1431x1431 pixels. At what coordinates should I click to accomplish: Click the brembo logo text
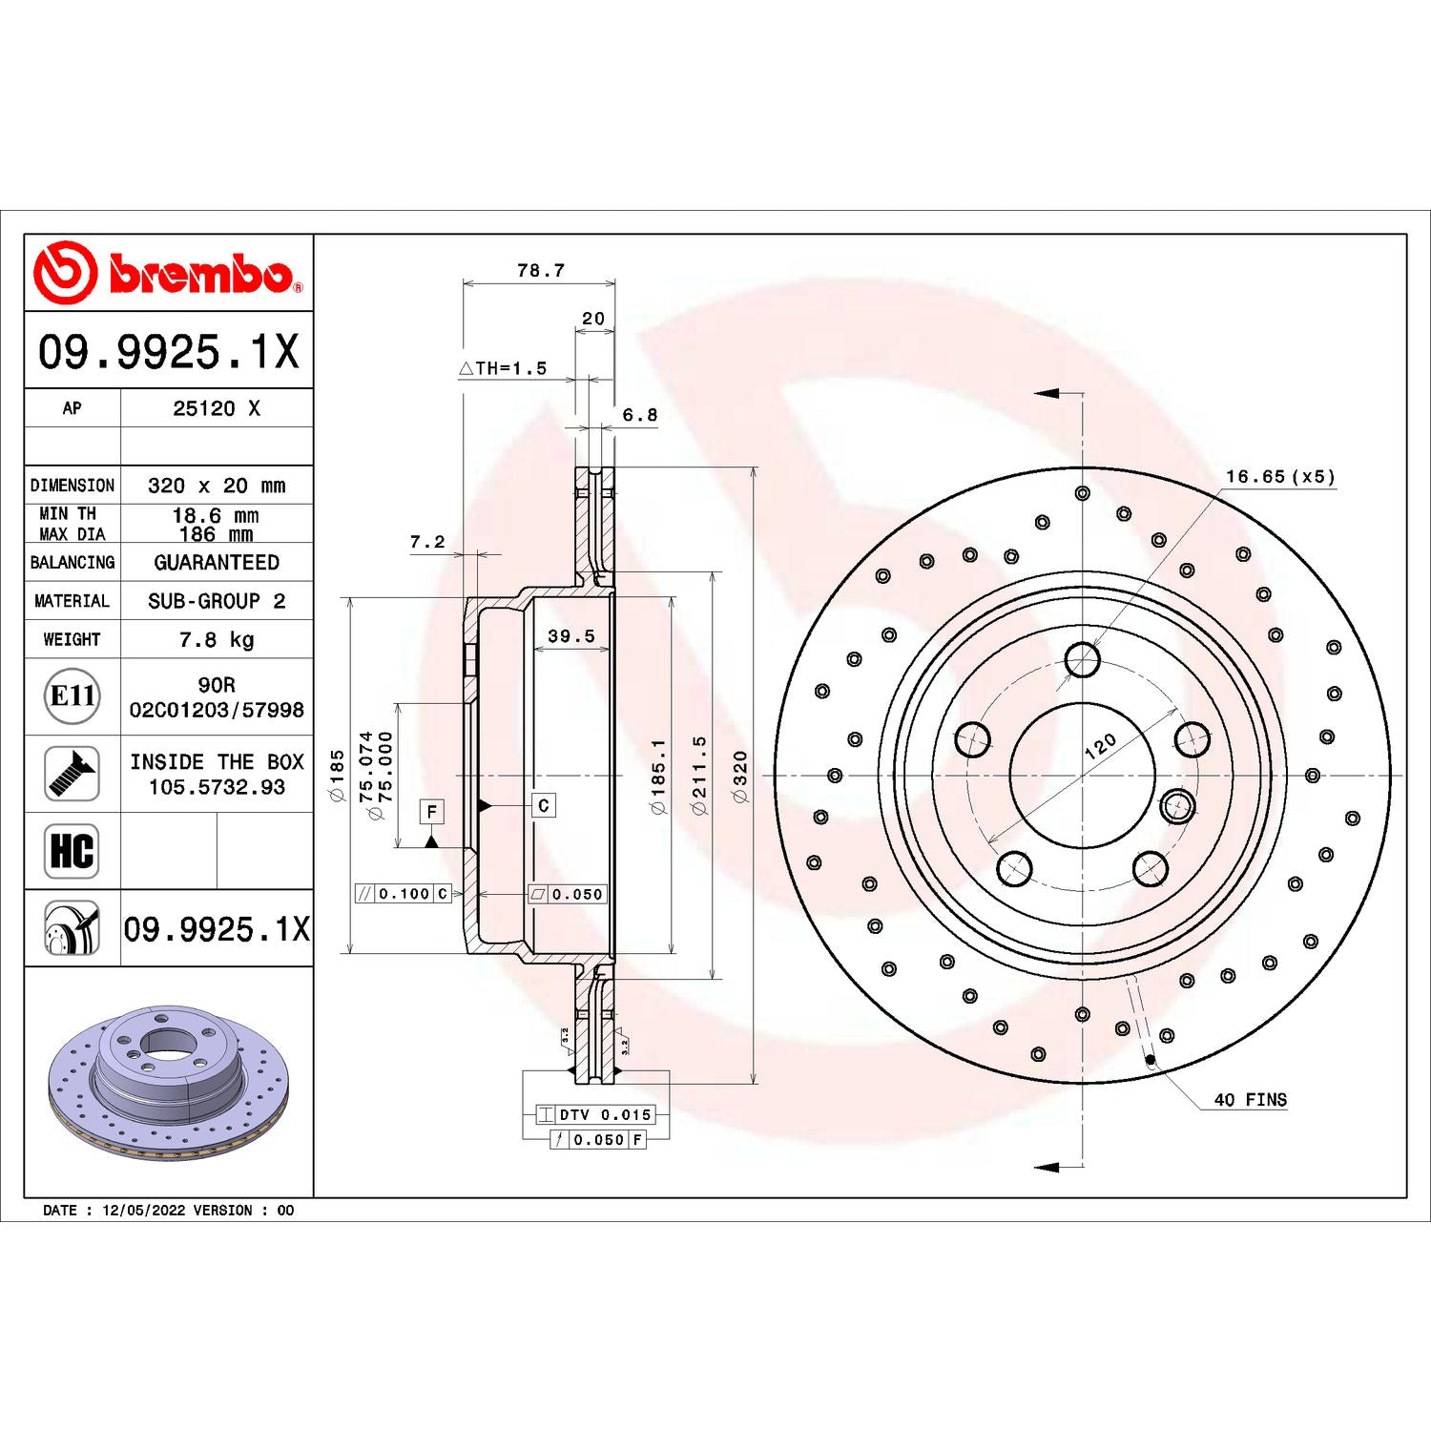coord(200,274)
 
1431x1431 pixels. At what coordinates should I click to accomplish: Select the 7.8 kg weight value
coord(217,639)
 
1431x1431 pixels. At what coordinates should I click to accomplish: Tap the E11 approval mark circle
coord(73,696)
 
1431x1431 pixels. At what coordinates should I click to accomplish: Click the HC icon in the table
coord(73,850)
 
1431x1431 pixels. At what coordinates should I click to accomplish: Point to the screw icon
coord(73,774)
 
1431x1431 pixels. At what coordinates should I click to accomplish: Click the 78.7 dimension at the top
coord(540,270)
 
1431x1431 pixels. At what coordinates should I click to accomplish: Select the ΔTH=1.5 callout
coord(503,368)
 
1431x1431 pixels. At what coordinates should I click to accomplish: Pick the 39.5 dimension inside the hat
coord(570,635)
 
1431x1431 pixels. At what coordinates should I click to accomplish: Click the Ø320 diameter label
coord(740,776)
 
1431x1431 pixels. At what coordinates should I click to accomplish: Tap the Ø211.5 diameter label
coord(699,775)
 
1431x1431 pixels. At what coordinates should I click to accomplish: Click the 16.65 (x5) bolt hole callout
coord(1280,476)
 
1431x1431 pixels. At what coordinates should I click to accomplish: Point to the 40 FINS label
coord(1250,1100)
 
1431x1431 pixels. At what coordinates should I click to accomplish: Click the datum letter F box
coord(432,811)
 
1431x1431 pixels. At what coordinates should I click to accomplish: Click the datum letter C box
coord(543,805)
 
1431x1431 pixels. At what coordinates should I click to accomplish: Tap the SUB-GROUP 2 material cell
coord(217,601)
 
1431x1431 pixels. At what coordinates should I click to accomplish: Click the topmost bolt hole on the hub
coord(1082,659)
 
